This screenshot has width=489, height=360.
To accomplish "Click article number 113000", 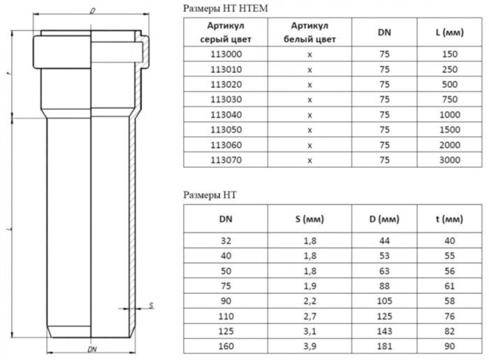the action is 226,55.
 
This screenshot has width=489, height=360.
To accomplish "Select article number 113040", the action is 226,115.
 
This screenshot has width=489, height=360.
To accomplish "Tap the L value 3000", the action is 450,160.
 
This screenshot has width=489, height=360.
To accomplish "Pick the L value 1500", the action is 450,130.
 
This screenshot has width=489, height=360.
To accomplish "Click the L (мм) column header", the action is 450,32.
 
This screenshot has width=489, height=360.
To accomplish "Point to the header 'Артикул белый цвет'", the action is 309,32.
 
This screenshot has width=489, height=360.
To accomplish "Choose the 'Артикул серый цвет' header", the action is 226,32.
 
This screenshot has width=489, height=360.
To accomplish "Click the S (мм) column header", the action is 309,219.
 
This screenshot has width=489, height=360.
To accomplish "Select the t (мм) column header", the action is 449,219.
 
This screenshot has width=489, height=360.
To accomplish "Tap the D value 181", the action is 384,346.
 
